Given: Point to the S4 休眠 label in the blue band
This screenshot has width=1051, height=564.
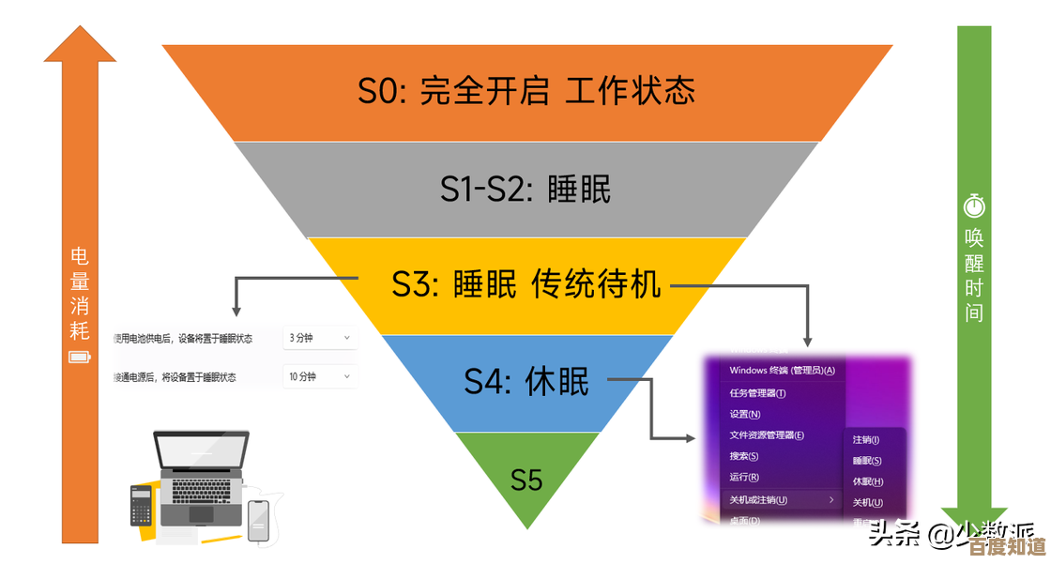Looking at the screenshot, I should [526, 382].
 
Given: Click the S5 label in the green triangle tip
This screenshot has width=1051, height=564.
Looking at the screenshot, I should [526, 480].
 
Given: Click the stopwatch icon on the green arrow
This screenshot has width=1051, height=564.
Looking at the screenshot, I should [974, 205].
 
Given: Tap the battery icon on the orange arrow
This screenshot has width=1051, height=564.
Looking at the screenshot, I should [80, 357].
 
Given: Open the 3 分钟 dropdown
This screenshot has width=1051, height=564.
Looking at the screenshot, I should [319, 338].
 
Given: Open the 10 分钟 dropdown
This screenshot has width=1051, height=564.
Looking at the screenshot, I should [319, 376].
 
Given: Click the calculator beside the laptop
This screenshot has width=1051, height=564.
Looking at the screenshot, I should [141, 505].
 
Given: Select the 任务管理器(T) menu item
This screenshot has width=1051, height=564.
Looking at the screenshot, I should [758, 392].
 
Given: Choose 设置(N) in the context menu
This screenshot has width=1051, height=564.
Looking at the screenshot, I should [745, 414].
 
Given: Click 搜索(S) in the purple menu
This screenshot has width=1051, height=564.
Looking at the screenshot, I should [744, 456].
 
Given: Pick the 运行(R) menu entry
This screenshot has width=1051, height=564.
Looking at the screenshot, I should [744, 478].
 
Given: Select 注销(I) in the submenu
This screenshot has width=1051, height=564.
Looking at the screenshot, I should [866, 439].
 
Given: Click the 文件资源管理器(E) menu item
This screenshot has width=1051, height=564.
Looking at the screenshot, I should [768, 435].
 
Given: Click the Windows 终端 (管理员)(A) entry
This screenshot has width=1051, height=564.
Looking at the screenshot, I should [782, 370].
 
